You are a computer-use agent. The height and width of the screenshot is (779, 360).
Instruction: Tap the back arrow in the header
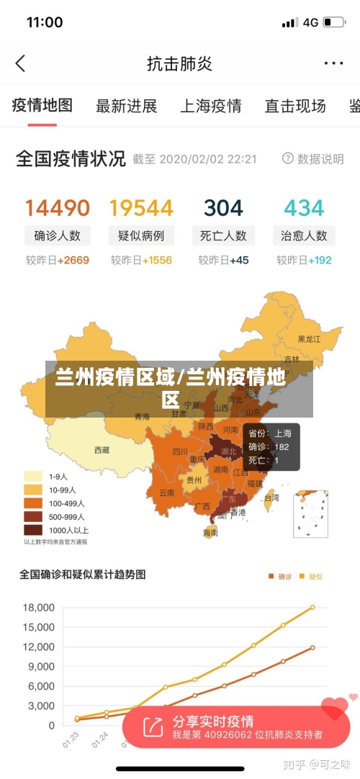tap(20, 63)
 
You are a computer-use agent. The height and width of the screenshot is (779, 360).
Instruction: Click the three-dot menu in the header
tap(333, 63)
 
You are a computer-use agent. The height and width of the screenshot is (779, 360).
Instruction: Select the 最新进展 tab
tap(127, 107)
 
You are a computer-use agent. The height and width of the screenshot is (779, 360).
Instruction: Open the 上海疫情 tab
tap(211, 107)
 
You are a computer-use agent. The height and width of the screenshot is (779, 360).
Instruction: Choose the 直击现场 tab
tap(295, 107)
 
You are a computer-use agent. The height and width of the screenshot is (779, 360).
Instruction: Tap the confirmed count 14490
tap(58, 208)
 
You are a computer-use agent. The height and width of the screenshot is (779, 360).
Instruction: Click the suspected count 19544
tap(141, 208)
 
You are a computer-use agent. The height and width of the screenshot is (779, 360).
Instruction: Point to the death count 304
tap(223, 208)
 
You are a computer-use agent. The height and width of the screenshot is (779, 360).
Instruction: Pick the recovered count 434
tap(304, 208)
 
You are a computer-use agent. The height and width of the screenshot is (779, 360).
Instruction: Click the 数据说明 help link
tap(313, 159)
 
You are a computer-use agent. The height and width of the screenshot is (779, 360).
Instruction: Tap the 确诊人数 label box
tap(58, 235)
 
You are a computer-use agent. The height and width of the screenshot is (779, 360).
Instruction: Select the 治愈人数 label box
tap(304, 235)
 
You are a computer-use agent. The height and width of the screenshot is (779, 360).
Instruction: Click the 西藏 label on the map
tap(102, 450)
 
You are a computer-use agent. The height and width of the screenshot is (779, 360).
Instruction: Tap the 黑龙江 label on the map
tap(310, 338)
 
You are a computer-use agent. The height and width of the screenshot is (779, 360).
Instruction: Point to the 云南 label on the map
tap(167, 493)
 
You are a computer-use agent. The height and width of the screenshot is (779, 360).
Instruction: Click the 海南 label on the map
tap(210, 533)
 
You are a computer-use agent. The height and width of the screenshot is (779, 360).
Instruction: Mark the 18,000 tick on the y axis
tap(39, 608)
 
